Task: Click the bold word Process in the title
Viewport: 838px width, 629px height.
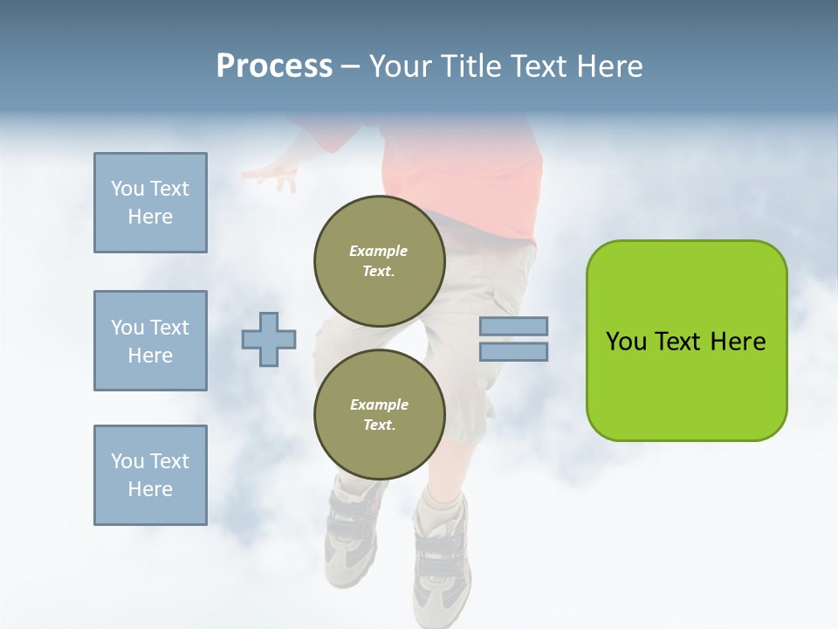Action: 274,66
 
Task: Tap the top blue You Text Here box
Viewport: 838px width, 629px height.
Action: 150,203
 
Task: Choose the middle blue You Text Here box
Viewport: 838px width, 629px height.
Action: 150,341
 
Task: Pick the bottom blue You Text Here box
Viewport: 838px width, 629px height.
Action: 150,474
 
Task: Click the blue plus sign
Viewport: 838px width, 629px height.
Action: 269,340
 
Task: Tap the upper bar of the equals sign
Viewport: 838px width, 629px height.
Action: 513,326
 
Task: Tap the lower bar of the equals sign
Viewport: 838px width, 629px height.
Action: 513,352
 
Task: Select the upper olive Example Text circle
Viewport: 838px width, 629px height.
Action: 379,261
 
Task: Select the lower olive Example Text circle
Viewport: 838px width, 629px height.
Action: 379,414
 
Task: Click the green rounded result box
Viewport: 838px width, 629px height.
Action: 686,341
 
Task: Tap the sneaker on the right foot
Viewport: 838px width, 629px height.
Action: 442,559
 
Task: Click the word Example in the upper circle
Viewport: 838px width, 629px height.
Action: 379,251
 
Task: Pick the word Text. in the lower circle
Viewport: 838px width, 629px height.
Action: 379,425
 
